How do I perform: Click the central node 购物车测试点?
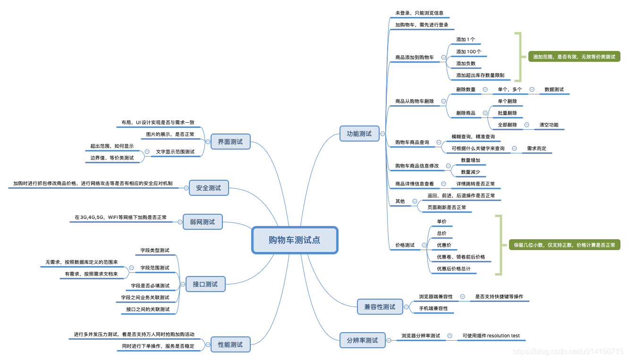click(x=295, y=240)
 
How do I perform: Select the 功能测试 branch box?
click(x=359, y=134)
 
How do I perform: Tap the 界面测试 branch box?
click(x=230, y=142)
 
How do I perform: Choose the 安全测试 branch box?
click(x=208, y=188)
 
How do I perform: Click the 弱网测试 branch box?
click(x=202, y=222)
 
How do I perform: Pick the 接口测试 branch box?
click(x=205, y=284)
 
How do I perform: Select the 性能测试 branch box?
click(x=230, y=344)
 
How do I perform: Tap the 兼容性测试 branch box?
click(x=380, y=307)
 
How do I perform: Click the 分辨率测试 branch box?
click(x=362, y=340)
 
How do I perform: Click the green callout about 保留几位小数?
click(x=564, y=245)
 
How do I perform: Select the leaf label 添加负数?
click(x=466, y=64)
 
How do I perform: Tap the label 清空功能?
click(x=549, y=125)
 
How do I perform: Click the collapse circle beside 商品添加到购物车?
click(x=443, y=57)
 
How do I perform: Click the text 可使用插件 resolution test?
click(x=491, y=336)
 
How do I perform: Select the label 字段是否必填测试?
click(x=150, y=285)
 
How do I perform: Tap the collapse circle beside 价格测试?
click(x=424, y=245)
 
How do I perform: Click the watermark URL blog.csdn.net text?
click(x=568, y=352)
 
